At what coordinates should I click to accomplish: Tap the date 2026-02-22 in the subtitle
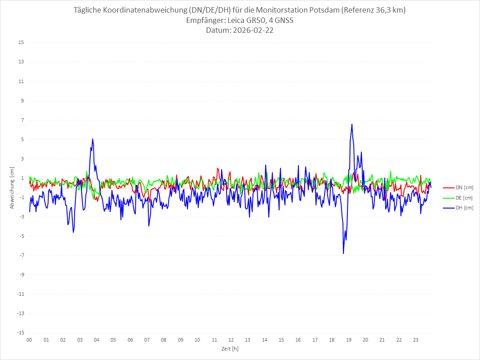[x=252, y=31]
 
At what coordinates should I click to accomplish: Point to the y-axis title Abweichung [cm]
[x=12, y=187]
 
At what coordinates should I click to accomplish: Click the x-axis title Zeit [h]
[x=230, y=348]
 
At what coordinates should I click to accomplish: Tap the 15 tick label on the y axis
[x=21, y=43]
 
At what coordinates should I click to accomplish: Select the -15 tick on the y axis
[x=20, y=333]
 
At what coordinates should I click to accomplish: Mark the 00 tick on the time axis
[x=29, y=340]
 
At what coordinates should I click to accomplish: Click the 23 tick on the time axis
[x=416, y=340]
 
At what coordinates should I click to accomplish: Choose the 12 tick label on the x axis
[x=231, y=340]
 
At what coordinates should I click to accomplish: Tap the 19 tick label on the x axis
[x=349, y=340]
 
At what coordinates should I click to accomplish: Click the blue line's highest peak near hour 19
[x=352, y=124]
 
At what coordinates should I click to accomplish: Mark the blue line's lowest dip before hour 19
[x=343, y=253]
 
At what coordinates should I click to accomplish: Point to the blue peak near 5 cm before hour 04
[x=93, y=139]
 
